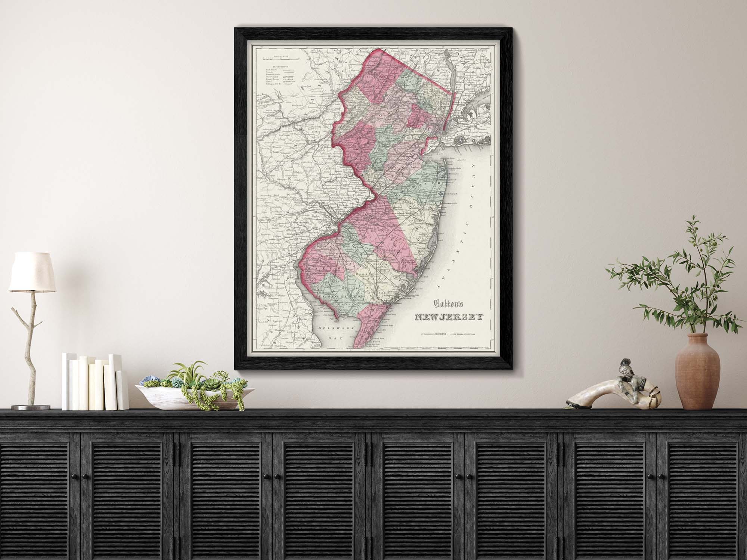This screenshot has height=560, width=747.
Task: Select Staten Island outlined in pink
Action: coord(430,144)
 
